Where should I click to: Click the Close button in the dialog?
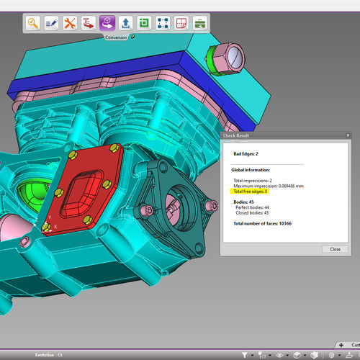point(335,248)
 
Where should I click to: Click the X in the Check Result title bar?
point(348,135)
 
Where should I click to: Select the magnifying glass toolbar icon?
point(33,23)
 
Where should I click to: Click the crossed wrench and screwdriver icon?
point(70,23)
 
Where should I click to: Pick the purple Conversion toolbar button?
point(107,23)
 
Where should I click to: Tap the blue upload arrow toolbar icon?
point(125,23)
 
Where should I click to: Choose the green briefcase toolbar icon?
point(200,23)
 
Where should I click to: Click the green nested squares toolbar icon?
point(144,23)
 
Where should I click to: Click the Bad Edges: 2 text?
point(246,153)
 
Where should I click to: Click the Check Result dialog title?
point(238,135)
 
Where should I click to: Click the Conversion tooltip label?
point(117,37)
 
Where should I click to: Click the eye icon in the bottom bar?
point(279,354)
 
